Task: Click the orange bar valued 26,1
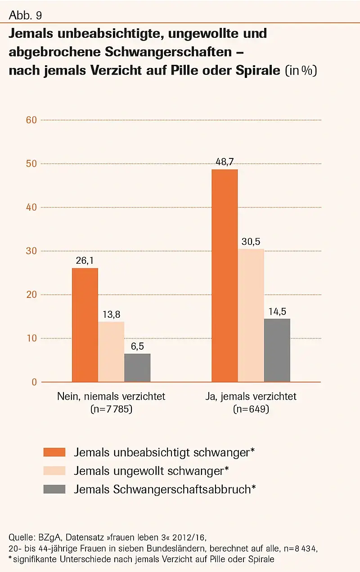point(85,325)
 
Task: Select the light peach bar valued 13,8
point(111,351)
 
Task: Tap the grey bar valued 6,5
point(137,368)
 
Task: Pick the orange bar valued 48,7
point(225,275)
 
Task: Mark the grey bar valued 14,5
point(277,350)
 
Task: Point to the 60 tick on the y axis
point(31,120)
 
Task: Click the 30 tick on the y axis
point(31,251)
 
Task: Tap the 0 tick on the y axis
point(34,382)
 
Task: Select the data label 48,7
point(225,161)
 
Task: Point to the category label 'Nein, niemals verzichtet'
point(111,396)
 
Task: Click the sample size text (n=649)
point(251,410)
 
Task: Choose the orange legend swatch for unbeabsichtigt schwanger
point(54,452)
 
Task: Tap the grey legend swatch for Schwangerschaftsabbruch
point(54,489)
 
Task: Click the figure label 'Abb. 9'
point(25,16)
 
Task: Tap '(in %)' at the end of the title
point(301,71)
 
